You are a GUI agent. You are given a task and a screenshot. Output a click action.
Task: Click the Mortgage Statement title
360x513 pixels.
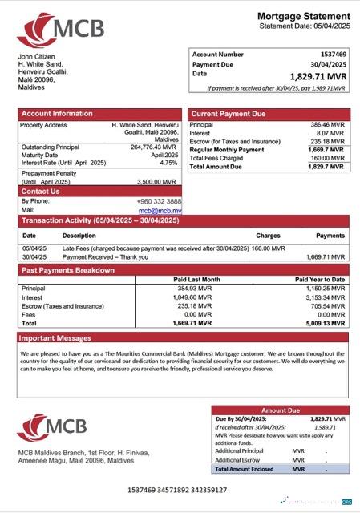pos(303,16)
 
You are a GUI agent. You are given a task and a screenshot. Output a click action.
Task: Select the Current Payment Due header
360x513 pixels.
pos(229,114)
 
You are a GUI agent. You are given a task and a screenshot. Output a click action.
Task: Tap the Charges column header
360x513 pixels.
pos(268,236)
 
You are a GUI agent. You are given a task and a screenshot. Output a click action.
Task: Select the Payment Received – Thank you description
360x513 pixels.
pos(105,256)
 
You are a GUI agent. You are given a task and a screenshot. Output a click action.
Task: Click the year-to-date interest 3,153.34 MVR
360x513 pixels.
pos(326,297)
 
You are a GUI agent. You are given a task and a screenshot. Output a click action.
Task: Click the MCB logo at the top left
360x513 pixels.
pos(61,30)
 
